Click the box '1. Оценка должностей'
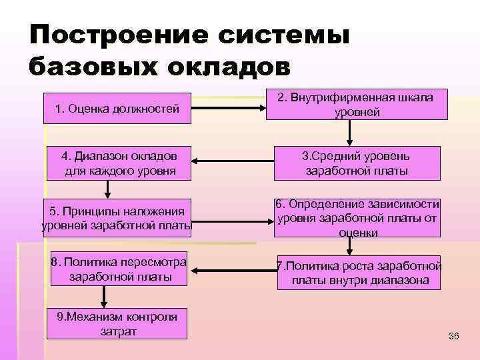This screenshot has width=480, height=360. (117, 108)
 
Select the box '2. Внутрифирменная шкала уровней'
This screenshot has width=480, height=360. (357, 105)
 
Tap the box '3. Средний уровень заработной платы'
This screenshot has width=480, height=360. (357, 163)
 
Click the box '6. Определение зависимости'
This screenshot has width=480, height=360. (357, 218)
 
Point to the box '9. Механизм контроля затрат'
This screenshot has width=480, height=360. (117, 323)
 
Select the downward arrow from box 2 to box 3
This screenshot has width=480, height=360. (348, 133)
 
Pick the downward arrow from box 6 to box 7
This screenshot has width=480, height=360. (347, 247)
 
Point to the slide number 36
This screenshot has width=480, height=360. (454, 335)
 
